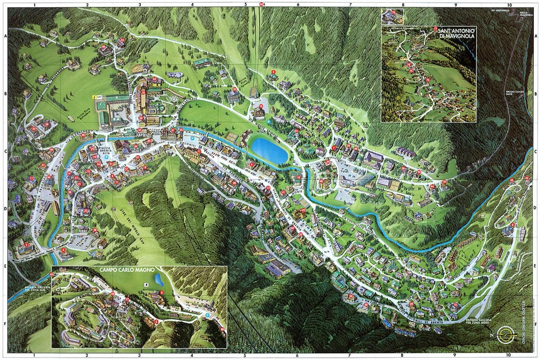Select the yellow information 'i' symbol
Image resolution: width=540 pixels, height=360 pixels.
(94, 97)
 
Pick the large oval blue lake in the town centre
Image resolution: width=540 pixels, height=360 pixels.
(269, 150)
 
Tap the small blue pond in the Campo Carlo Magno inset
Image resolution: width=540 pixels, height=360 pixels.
(159, 280)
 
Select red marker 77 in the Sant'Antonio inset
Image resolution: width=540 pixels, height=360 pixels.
(435, 29)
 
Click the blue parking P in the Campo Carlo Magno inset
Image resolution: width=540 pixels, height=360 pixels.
(208, 315)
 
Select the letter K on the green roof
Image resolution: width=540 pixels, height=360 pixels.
(118, 98)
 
